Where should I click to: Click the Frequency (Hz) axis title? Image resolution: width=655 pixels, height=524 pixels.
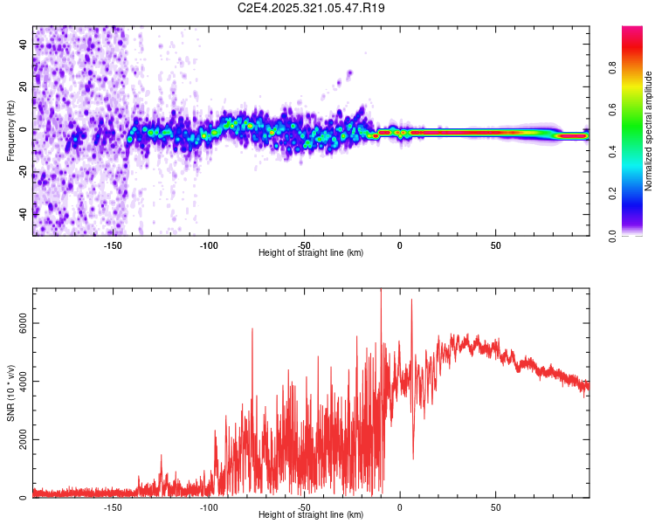tap(10, 131)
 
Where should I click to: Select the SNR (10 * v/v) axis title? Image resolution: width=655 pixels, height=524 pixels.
tap(10, 393)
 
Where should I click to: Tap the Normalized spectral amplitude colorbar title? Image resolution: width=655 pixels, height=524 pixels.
tap(649, 131)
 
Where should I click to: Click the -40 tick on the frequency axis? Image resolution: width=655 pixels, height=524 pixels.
tap(24, 214)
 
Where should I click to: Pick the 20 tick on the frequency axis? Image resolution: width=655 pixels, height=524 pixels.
tap(24, 86)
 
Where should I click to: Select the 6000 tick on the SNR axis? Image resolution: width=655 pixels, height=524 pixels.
tap(24, 323)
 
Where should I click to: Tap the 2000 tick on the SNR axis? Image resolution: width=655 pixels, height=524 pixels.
tap(24, 439)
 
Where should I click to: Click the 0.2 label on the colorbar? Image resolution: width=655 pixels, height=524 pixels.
tap(612, 194)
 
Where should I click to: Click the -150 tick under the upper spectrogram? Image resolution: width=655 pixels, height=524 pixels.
tap(113, 245)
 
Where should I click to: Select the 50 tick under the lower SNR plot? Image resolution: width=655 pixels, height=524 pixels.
tap(495, 507)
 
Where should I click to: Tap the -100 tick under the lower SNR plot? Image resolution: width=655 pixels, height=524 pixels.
tap(209, 507)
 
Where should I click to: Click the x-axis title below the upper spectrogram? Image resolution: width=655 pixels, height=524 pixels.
tap(311, 252)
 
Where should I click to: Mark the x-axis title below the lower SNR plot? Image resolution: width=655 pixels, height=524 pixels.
tap(311, 514)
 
